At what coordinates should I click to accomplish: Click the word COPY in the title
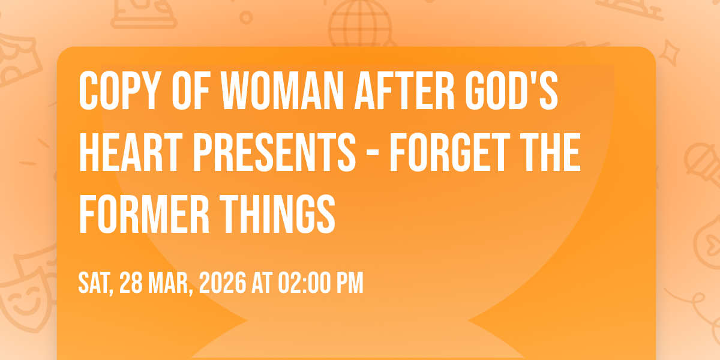pyautogui.click(x=119, y=91)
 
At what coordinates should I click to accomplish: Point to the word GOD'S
pyautogui.click(x=511, y=91)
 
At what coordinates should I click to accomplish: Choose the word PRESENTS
pyautogui.click(x=275, y=152)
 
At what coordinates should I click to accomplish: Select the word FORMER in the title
pyautogui.click(x=144, y=214)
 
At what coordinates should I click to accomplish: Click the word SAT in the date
pyautogui.click(x=95, y=283)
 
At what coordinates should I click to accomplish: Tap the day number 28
pyautogui.click(x=131, y=283)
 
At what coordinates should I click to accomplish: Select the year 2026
pyautogui.click(x=223, y=283)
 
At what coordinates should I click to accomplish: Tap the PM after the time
pyautogui.click(x=350, y=283)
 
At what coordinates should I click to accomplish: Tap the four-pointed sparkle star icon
pyautogui.click(x=669, y=53)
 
